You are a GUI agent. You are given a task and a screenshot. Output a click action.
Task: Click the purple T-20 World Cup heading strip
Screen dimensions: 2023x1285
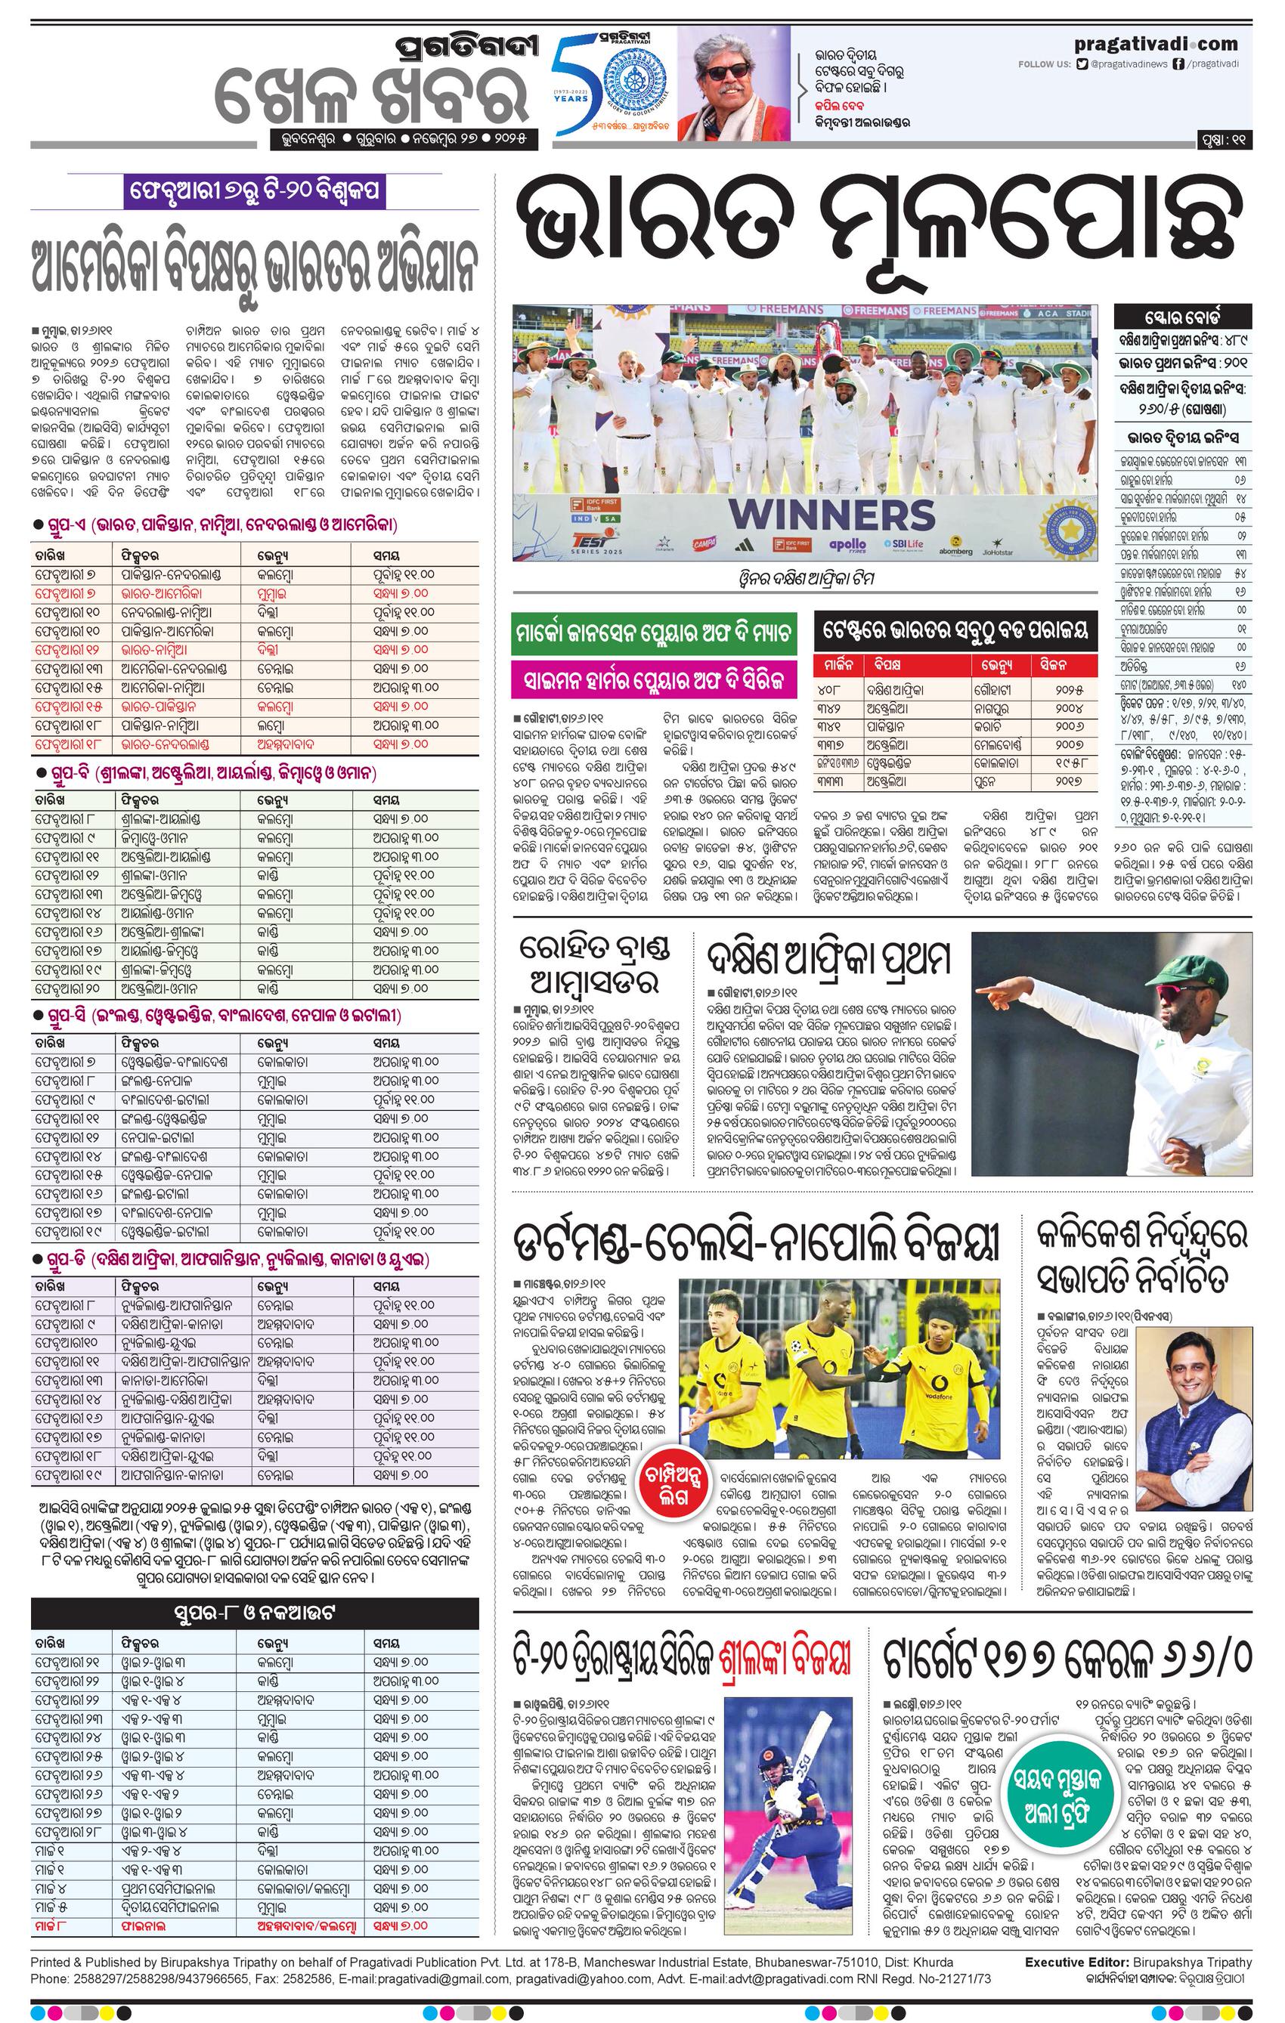coord(255,191)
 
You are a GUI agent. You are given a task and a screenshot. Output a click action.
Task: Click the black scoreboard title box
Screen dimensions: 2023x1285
coord(1182,317)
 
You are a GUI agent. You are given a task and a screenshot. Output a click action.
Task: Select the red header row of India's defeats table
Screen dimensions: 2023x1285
coord(955,665)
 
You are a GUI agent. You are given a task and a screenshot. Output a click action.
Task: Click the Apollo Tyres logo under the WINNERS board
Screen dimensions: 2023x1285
coord(847,546)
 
